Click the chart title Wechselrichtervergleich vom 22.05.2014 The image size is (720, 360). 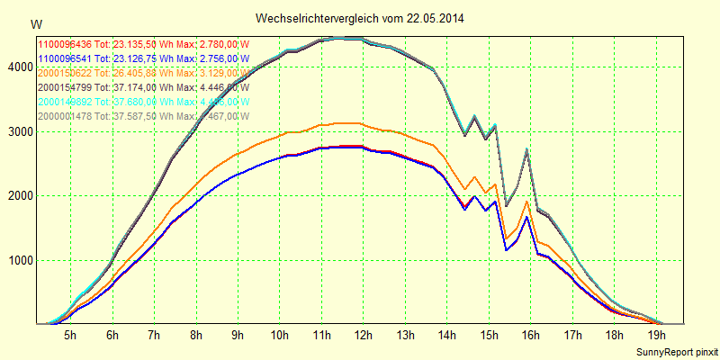pos(360,18)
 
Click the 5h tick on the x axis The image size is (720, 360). pos(69,336)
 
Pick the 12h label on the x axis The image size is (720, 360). pos(363,336)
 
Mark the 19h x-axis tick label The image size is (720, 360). pos(656,336)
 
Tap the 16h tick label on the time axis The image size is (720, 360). pos(530,336)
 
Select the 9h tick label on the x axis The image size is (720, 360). pos(237,336)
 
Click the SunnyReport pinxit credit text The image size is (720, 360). pos(678,350)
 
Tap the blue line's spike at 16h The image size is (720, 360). pos(527,216)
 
